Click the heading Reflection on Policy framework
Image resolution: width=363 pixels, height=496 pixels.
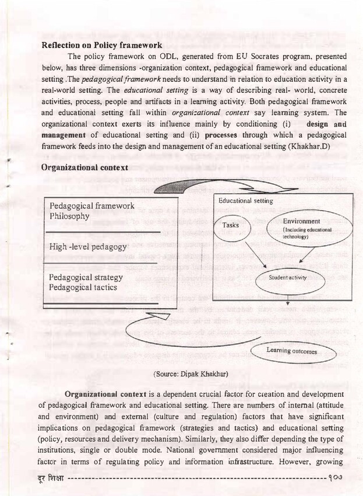[102, 44]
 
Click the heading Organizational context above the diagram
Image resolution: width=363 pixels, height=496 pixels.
[84, 167]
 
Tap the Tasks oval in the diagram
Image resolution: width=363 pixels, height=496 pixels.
[235, 225]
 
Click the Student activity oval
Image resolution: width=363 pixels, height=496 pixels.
[287, 277]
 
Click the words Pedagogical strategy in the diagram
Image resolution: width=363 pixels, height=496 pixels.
[86, 277]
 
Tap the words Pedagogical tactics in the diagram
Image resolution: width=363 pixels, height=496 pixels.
[83, 287]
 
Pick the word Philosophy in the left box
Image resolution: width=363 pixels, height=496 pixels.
[69, 216]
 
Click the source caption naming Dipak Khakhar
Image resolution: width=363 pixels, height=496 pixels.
[191, 373]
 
